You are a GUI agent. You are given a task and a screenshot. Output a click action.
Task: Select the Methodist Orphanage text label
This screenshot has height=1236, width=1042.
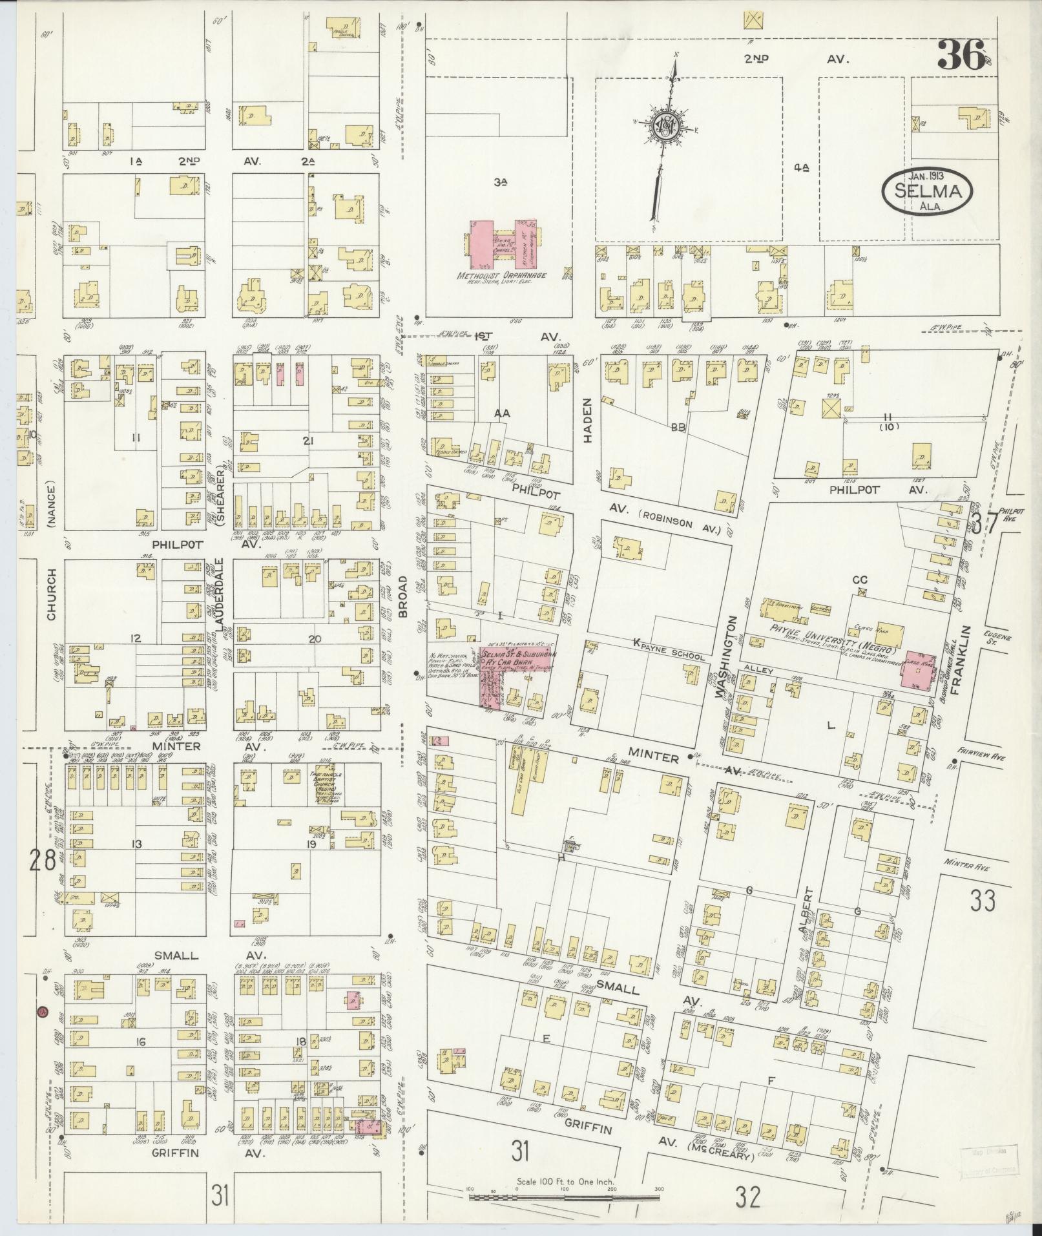[x=501, y=276]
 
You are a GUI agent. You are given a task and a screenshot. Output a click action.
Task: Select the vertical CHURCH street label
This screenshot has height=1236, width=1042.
[x=51, y=595]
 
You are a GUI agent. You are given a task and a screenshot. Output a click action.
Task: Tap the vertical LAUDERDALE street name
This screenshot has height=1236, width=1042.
[x=219, y=594]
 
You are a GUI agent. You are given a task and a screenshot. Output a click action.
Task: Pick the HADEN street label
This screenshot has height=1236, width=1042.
[x=587, y=428]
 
